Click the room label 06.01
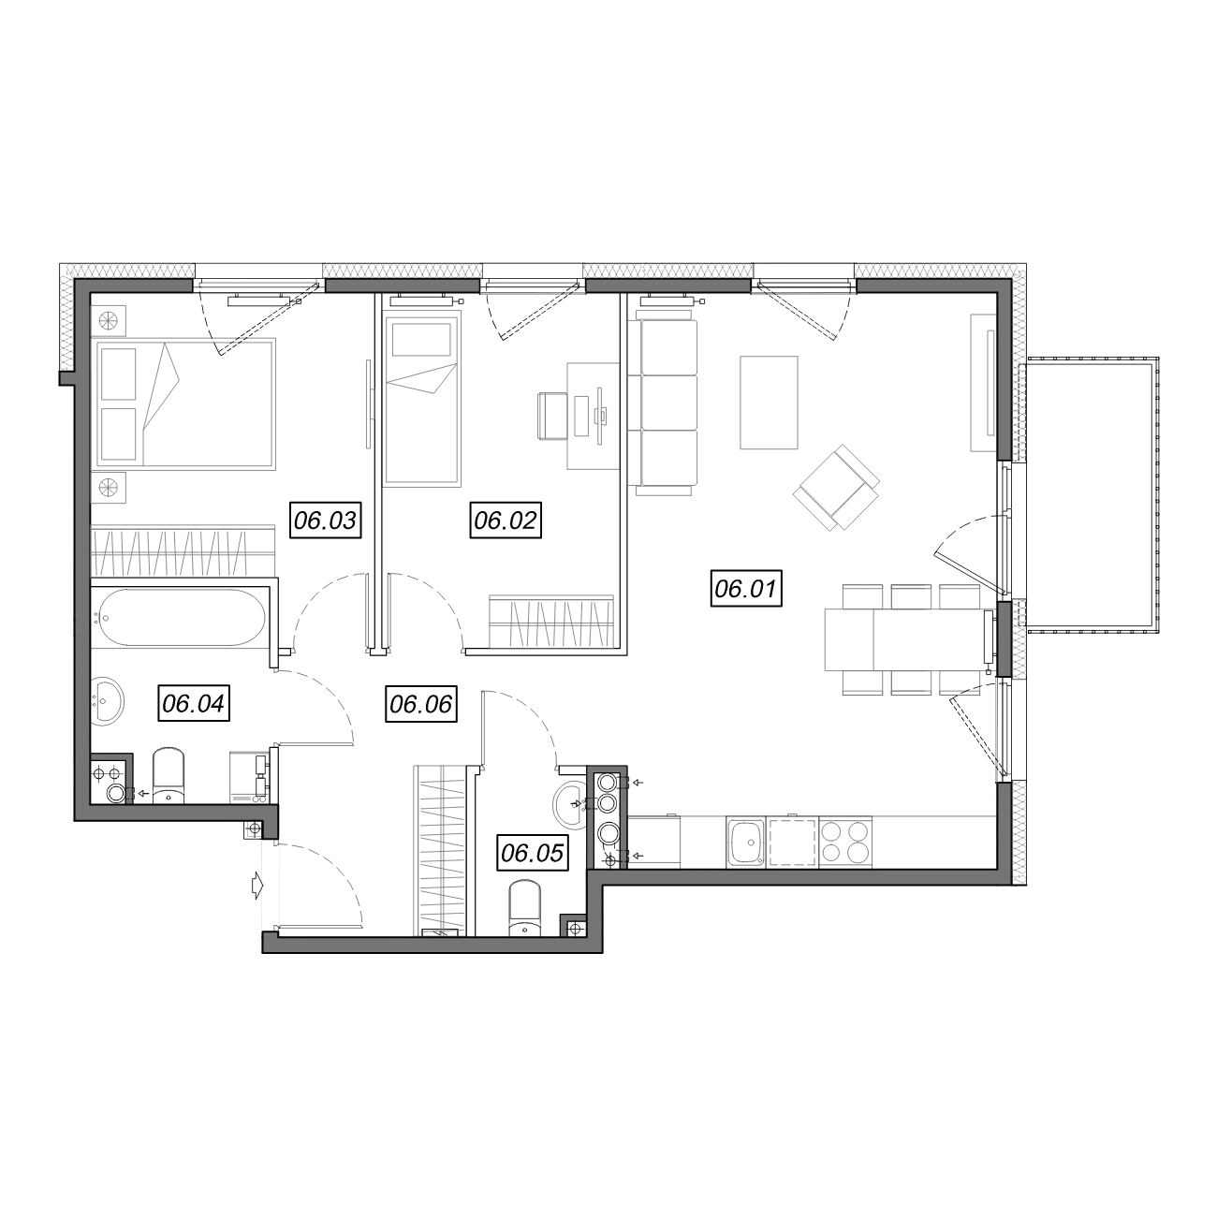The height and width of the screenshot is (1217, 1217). pyautogui.click(x=746, y=589)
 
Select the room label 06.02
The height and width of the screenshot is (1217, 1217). pyautogui.click(x=506, y=520)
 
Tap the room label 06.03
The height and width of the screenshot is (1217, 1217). pyautogui.click(x=325, y=520)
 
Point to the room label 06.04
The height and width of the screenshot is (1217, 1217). pyautogui.click(x=193, y=703)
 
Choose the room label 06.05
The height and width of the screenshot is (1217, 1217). pyautogui.click(x=532, y=853)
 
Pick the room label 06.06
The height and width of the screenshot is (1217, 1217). pyautogui.click(x=420, y=703)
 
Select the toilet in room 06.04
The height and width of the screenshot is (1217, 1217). pyautogui.click(x=169, y=775)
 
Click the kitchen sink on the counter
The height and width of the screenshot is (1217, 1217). pyautogui.click(x=746, y=842)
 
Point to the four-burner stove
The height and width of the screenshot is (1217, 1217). pyautogui.click(x=845, y=842)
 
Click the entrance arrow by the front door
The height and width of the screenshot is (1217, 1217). pyautogui.click(x=256, y=886)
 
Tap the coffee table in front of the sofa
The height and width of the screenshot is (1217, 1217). pyautogui.click(x=769, y=403)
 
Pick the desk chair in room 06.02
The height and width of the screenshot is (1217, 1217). pyautogui.click(x=552, y=416)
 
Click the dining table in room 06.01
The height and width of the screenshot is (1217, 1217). pyautogui.click(x=906, y=639)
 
